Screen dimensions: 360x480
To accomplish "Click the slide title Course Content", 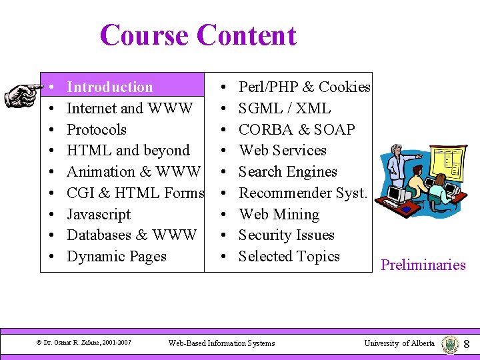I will click(198, 35).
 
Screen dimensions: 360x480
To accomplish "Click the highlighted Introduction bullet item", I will click(110, 87).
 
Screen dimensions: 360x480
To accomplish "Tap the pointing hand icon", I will click(22, 94).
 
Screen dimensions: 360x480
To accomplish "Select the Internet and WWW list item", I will click(130, 108).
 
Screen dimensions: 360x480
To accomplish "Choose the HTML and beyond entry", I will click(128, 151).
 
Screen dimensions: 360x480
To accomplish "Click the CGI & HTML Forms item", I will click(135, 193).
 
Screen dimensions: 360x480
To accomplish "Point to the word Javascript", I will click(99, 214).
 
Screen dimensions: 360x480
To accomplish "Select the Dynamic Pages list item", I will click(117, 257).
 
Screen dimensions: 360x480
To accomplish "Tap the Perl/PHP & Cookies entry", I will click(304, 87).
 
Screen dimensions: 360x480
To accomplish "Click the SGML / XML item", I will click(285, 108).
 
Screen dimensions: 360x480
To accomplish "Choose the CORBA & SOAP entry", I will click(297, 129).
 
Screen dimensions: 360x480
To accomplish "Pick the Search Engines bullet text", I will click(288, 171).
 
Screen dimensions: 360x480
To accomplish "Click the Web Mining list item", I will click(279, 214).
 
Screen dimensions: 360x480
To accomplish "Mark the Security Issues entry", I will click(287, 235).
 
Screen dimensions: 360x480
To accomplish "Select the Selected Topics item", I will click(289, 257).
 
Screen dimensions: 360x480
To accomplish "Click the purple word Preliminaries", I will click(423, 265).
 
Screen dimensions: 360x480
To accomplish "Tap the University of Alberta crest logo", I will click(450, 344).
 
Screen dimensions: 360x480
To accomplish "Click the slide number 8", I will click(467, 344).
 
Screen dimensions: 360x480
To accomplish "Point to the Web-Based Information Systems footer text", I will click(221, 343).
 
